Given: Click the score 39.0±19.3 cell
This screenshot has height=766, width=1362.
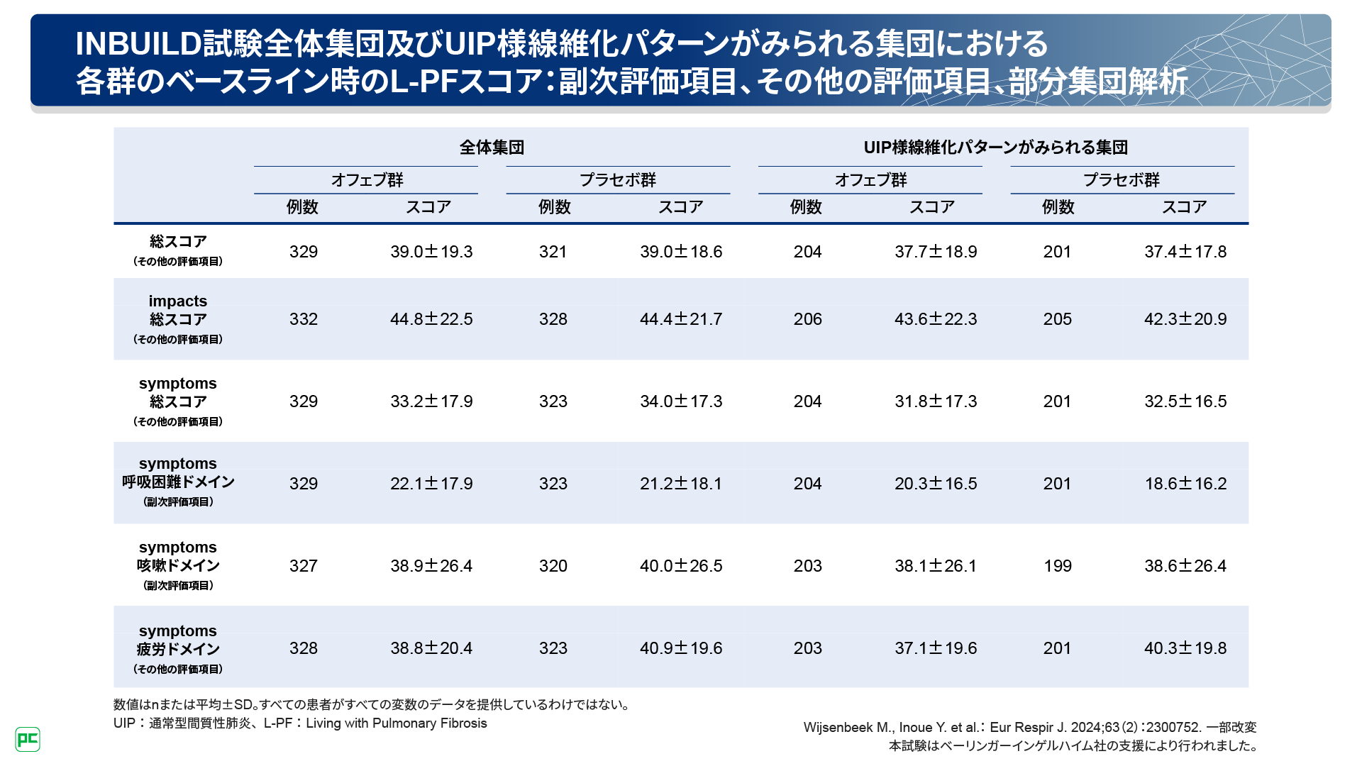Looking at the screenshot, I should coord(431,252).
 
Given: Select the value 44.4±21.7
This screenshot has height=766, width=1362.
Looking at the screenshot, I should coord(681,319).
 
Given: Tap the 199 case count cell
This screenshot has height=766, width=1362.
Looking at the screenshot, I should coord(1057,566).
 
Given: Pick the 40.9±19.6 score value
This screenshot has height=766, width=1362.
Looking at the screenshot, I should coord(681,648).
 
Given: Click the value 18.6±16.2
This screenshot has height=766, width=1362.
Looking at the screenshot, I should coord(1185,484).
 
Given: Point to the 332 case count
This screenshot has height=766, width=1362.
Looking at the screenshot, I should coord(304,319).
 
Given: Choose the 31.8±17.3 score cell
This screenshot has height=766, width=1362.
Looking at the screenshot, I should coord(936,401).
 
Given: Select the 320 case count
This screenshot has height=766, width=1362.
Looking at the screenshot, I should coord(553,566).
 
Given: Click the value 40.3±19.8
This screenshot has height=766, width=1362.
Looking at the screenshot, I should coord(1185,648).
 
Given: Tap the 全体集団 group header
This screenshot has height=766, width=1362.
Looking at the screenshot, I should coord(492,148).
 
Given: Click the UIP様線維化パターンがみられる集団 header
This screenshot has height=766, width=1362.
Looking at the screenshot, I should coord(995,148).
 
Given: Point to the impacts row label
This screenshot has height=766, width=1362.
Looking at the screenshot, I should coord(178,301).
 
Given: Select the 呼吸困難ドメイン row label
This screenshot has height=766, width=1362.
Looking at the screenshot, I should coord(178,482).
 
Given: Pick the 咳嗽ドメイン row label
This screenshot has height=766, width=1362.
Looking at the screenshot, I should coord(178,566).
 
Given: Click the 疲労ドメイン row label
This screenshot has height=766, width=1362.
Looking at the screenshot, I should coord(178,649).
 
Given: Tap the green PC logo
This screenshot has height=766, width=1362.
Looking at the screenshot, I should coord(28,740).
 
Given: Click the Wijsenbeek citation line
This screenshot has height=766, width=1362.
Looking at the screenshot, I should coord(1029,728).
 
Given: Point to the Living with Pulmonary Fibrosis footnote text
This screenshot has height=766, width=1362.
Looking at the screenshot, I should coord(397,723).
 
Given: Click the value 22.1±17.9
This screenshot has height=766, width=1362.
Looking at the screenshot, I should coord(431,484).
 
